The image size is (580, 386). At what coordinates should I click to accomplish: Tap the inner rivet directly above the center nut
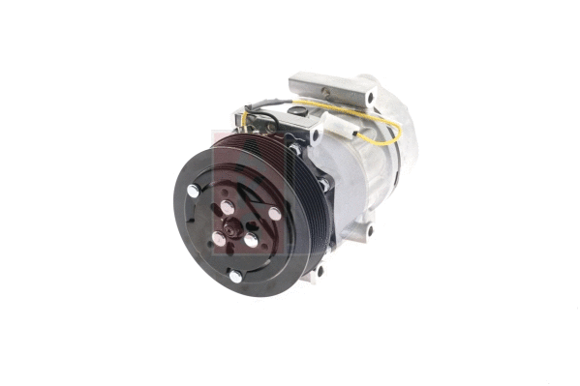pyautogui.click(x=227, y=207)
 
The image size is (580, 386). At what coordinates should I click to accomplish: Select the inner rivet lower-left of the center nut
pyautogui.click(x=219, y=237)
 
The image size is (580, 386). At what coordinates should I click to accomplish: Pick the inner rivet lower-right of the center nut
pyautogui.click(x=252, y=239)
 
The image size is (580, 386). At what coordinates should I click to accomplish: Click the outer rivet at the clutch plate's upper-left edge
pyautogui.click(x=193, y=192)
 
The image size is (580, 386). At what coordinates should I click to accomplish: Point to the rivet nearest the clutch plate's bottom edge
pyautogui.click(x=235, y=277)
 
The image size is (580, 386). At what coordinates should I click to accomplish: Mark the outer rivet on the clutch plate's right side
pyautogui.click(x=275, y=214)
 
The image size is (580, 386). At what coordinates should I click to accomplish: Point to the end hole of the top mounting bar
pyautogui.click(x=371, y=96)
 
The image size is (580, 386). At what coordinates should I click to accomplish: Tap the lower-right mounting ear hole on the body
pyautogui.click(x=369, y=230)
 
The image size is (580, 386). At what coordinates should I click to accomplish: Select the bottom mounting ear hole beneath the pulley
pyautogui.click(x=317, y=272)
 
